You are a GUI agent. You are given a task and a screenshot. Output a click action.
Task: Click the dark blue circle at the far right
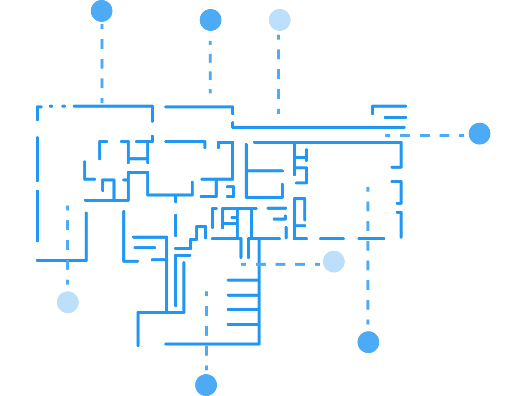coord(479,133)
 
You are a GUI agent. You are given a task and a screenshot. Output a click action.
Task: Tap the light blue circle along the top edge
coord(280,20)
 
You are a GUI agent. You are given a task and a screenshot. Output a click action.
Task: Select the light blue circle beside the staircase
coord(334,261)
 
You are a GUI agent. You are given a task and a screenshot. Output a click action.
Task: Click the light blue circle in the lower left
coord(68,302)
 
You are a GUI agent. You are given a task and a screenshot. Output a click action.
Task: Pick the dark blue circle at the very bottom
coord(206,385)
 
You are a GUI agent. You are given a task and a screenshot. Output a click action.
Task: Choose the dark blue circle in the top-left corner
coord(102,11)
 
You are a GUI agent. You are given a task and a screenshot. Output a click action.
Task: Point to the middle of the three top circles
coord(210,20)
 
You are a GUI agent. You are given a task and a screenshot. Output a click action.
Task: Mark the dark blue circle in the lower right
coord(368,342)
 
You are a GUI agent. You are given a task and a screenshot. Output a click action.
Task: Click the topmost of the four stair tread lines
coord(242,280)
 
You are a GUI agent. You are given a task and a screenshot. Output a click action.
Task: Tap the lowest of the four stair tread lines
coord(242,324)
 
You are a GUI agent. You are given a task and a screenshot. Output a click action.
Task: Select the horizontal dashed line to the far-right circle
coord(425,136)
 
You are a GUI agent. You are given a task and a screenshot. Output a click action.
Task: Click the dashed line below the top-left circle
coord(102,62)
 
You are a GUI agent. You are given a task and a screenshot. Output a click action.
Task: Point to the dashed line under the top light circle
coord(279,73)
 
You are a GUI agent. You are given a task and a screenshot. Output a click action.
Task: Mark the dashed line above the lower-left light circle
coord(68,244)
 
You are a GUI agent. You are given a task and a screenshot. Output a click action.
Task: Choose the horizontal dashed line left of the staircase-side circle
coord(280,264)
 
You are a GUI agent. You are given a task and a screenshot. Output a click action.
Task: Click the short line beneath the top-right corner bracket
coord(395,118)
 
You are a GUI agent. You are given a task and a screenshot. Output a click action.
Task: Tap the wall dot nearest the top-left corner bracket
coord(51,106)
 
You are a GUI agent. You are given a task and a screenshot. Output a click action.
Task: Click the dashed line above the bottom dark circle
coord(206,357)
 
